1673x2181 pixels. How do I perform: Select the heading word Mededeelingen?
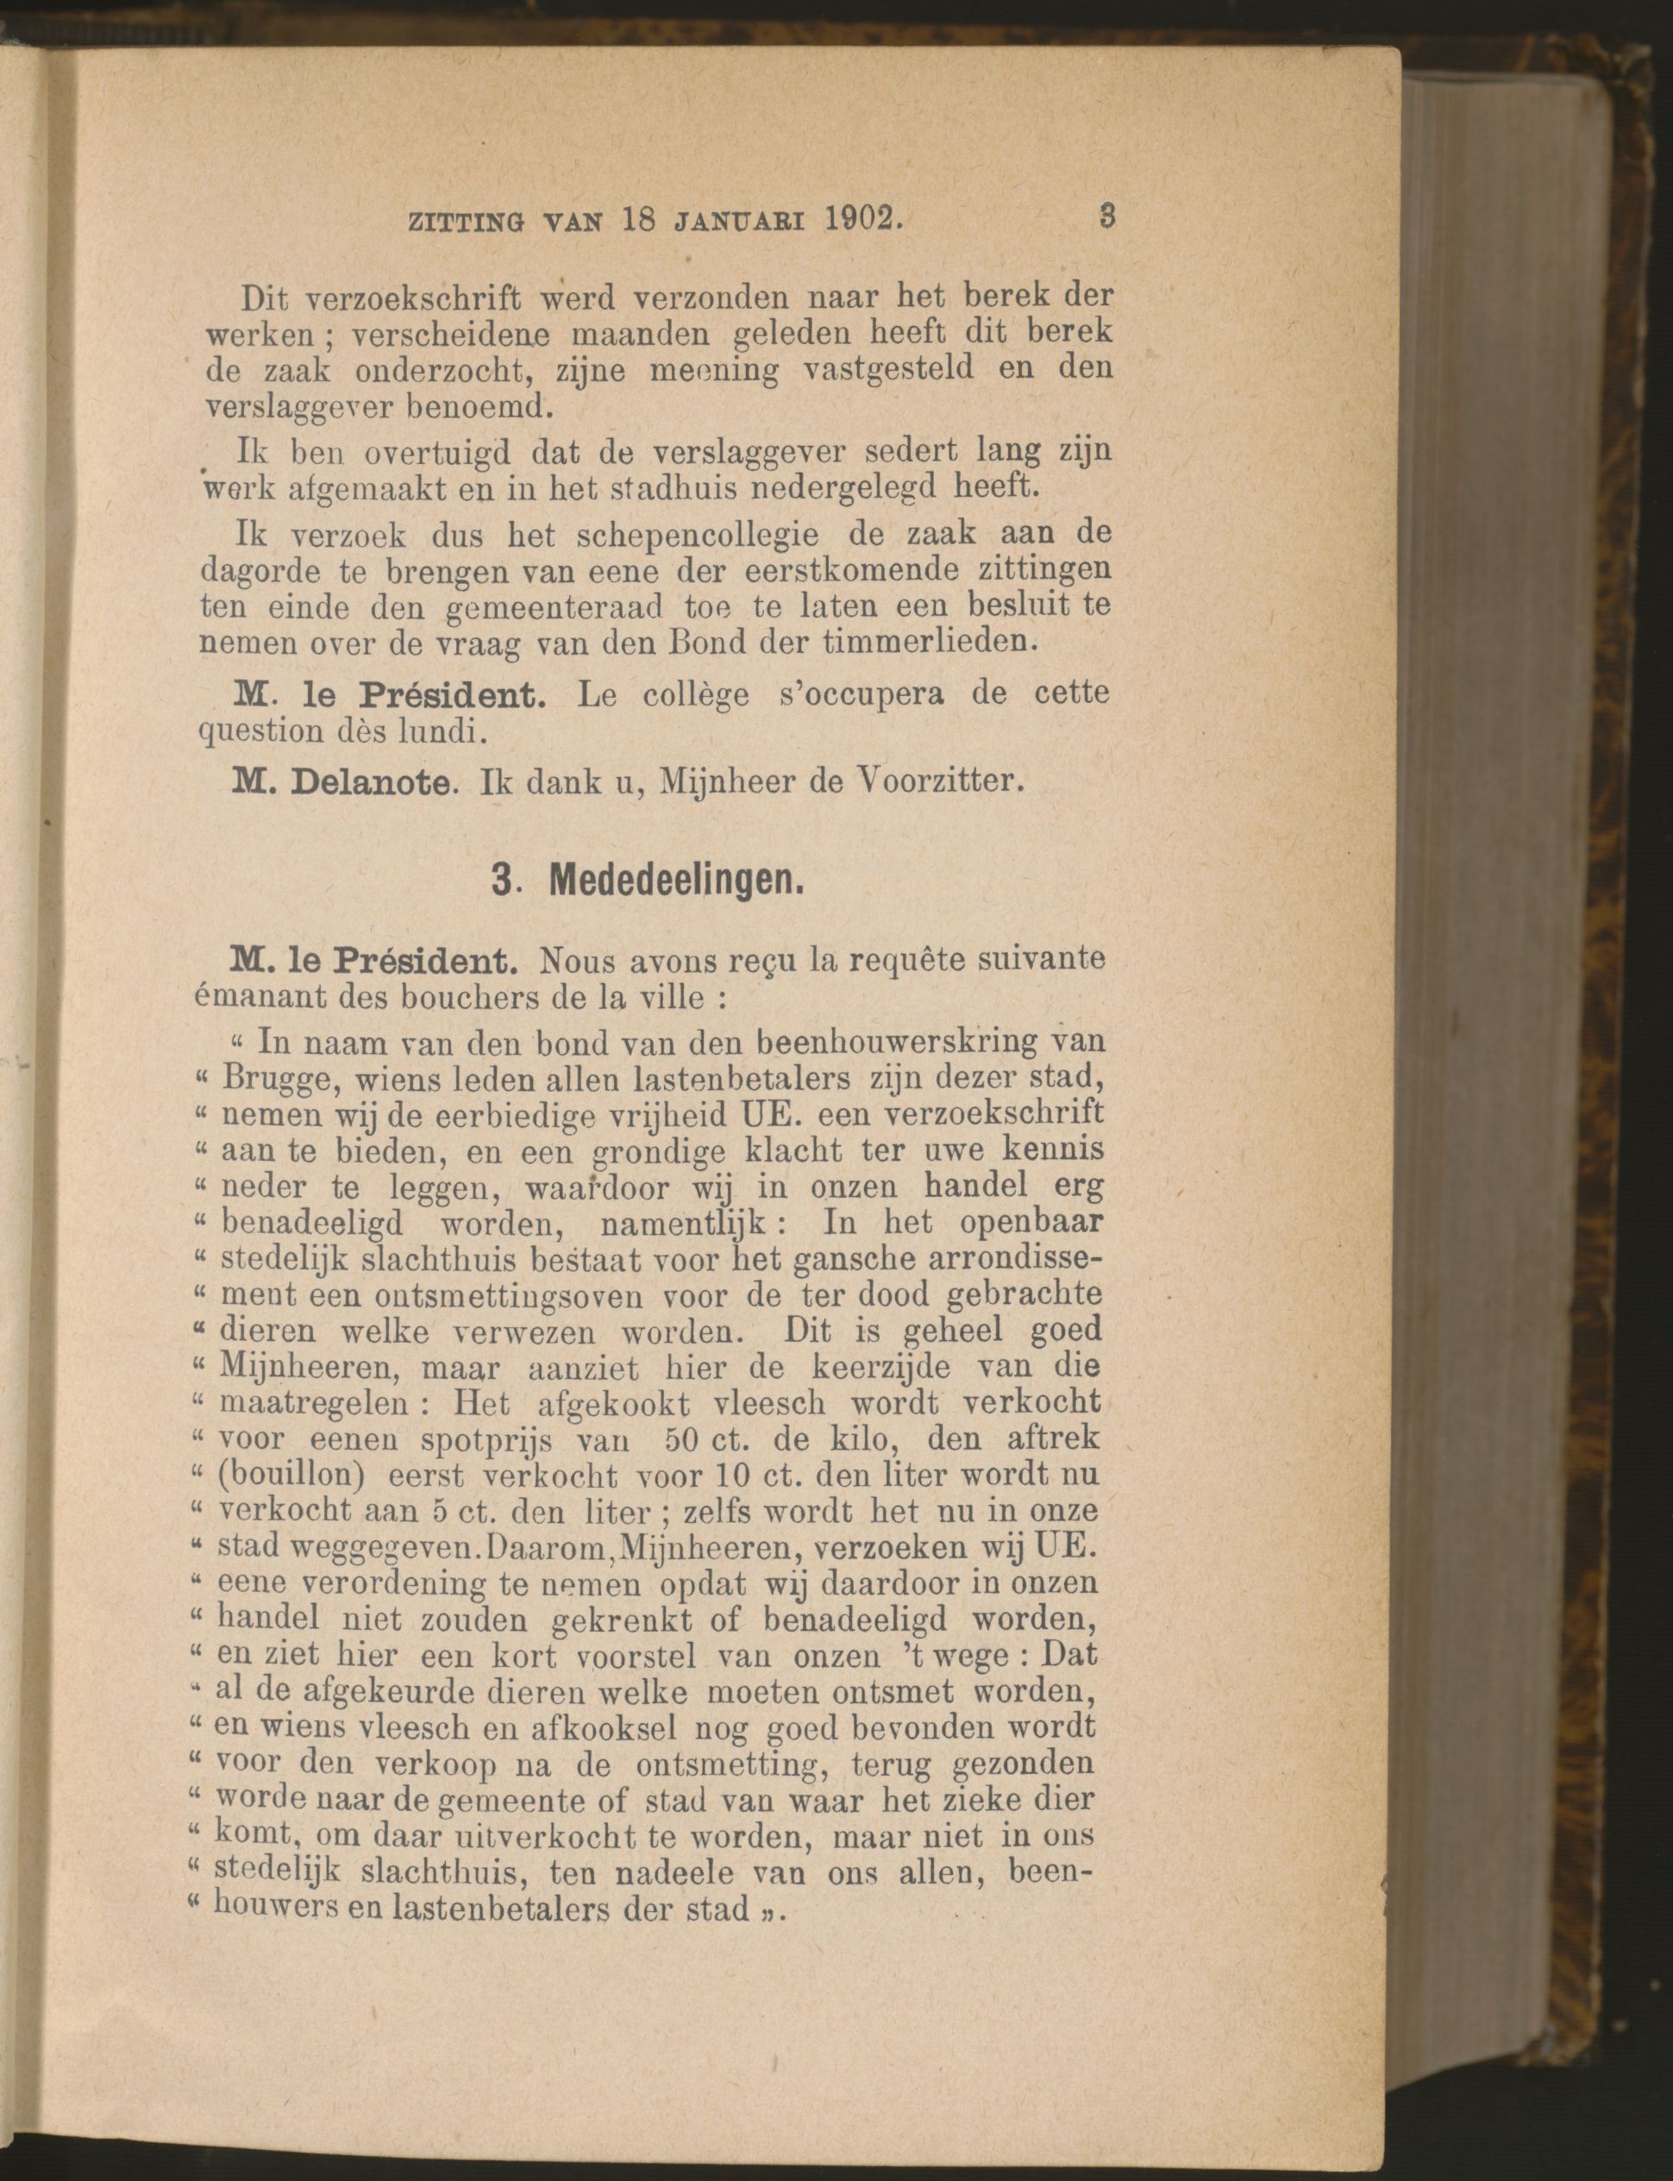tap(677, 881)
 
